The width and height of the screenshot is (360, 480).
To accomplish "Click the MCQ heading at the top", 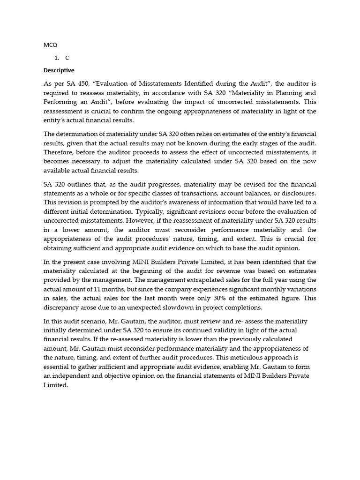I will [50, 45].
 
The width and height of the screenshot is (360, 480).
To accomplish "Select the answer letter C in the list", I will [67, 58].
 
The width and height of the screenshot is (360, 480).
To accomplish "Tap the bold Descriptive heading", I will [59, 70].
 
